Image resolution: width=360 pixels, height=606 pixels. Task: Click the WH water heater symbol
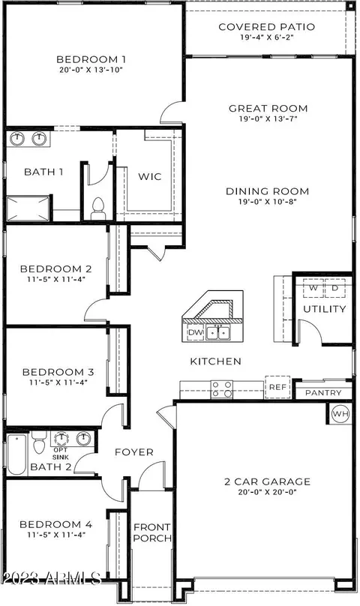[340, 414]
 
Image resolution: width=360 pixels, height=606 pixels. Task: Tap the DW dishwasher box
[196, 332]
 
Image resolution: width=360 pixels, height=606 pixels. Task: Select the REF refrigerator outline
[277, 387]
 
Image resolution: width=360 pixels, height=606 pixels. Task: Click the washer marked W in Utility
[313, 288]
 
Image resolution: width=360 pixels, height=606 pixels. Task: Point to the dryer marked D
[334, 288]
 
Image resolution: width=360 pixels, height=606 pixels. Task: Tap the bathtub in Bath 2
[17, 455]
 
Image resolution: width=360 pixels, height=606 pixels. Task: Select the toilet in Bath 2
[39, 443]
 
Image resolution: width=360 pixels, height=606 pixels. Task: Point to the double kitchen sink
[218, 332]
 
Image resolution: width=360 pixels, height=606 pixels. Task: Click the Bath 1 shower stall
[28, 208]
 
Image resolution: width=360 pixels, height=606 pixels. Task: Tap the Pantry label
[323, 393]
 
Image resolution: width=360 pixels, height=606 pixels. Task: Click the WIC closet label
[150, 176]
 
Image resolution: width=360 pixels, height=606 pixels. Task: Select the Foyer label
[134, 451]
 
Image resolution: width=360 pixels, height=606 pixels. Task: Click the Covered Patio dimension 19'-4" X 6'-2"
[267, 37]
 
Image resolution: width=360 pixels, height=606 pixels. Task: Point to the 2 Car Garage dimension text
[268, 492]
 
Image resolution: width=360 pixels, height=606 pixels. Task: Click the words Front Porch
[152, 532]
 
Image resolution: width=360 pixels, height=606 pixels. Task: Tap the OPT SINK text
[61, 454]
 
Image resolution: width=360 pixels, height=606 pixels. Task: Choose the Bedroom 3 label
[58, 372]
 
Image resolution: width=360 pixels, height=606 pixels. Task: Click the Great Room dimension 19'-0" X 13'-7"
[268, 119]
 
